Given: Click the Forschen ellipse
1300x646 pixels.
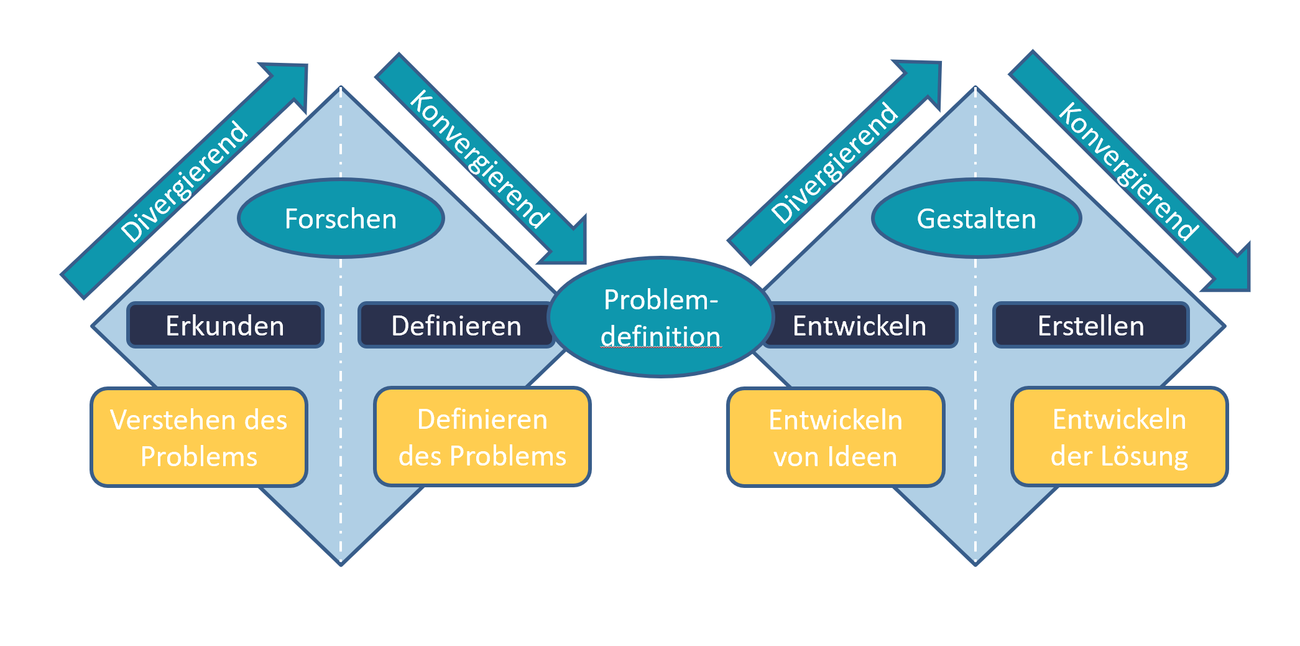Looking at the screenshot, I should tap(341, 218).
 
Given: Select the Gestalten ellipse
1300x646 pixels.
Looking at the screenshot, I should tap(976, 218).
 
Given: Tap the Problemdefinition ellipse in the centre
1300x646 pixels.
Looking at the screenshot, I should tap(660, 317).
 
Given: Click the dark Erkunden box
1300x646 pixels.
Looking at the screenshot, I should tap(225, 325).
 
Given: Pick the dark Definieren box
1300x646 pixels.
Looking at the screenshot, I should tap(456, 325).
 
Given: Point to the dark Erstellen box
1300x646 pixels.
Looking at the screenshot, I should tap(1090, 325).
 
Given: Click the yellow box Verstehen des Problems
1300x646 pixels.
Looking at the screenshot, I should tap(199, 438).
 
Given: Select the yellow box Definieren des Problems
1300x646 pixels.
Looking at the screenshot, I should tap(482, 437).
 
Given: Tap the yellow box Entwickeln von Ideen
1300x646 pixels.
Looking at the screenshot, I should tap(836, 438).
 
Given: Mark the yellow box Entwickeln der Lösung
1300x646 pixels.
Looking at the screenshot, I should tap(1119, 437).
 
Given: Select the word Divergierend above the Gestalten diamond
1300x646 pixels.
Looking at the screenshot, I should tap(834, 163).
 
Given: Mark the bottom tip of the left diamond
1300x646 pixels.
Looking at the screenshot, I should tap(341, 564).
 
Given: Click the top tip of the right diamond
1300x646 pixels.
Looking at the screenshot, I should tap(975, 88).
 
